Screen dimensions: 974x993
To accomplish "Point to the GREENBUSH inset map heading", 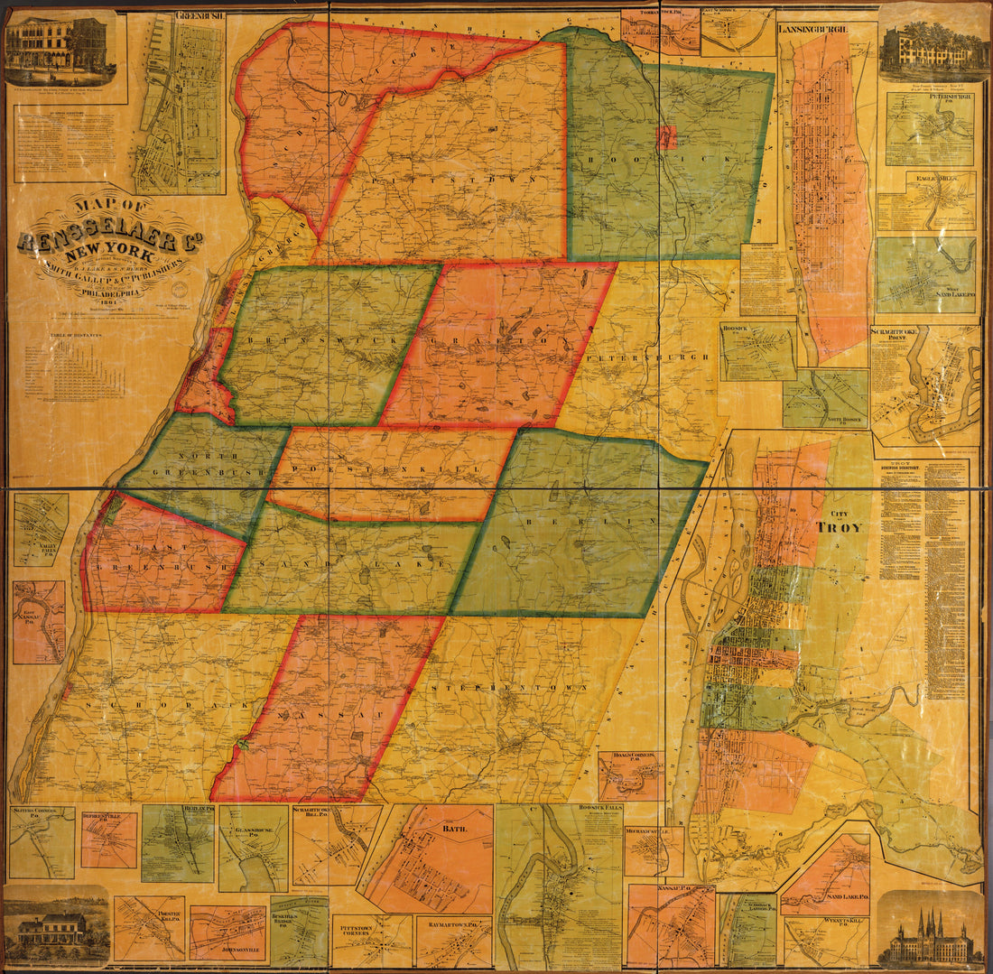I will (x=200, y=16).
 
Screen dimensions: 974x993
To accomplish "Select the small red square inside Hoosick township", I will (x=666, y=137).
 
